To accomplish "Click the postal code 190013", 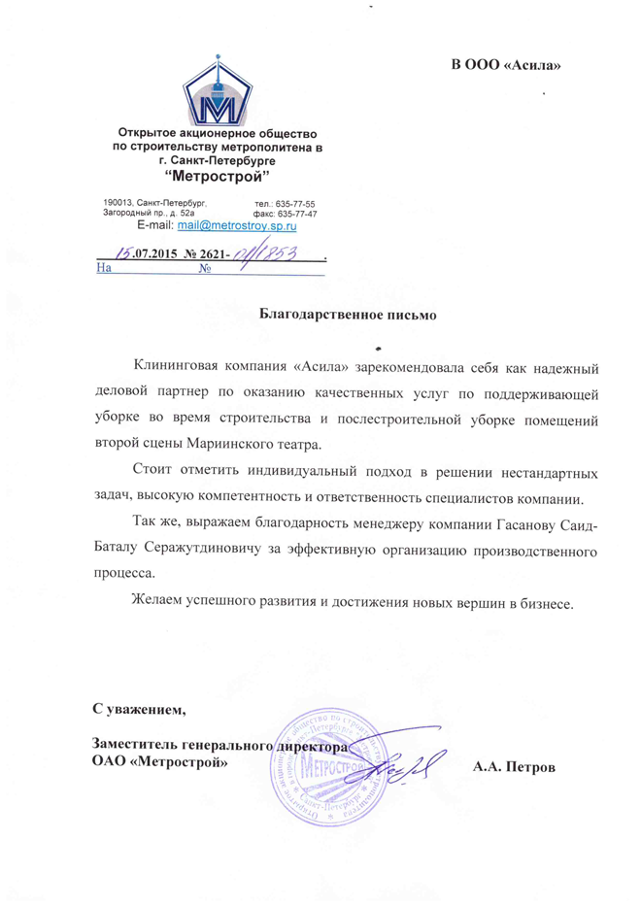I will coord(118,201).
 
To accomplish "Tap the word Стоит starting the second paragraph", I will coord(152,473).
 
